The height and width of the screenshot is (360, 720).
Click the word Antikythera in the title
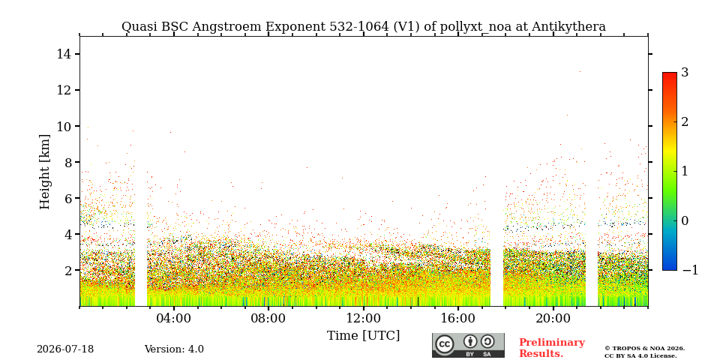point(568,27)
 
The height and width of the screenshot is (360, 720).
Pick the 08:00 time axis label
point(268,318)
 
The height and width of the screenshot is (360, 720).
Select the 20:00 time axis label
point(553,318)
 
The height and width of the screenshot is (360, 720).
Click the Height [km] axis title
point(44,172)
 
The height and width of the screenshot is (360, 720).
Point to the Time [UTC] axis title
point(363,336)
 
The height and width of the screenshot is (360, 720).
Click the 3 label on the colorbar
point(685,73)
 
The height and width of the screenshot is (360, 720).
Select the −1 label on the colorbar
point(690,270)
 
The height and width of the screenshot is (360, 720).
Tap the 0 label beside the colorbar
point(685,220)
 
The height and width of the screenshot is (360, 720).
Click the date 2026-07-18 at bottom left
point(65,349)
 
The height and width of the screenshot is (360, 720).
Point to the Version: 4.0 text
point(174,349)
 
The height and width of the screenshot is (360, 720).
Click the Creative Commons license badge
point(468,345)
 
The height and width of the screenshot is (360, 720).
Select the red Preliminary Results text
point(552,348)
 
